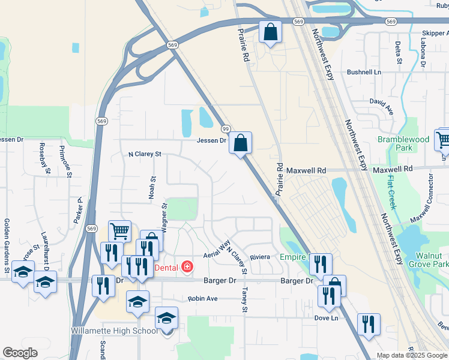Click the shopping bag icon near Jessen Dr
[240, 143]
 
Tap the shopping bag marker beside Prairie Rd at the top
[271, 32]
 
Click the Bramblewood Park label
[403, 143]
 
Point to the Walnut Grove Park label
[428, 259]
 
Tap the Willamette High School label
[114, 331]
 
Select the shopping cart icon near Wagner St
[119, 230]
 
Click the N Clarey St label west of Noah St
[145, 154]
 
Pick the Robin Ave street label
[202, 298]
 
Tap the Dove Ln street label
[326, 318]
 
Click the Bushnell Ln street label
[364, 72]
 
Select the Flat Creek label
[391, 191]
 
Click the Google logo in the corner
[20, 353]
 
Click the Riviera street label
[260, 256]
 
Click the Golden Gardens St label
[7, 246]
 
